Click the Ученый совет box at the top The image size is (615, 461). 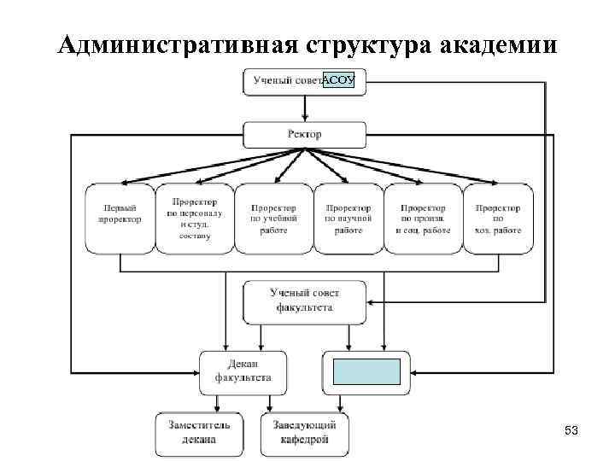pos(287,82)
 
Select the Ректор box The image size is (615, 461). pos(305,135)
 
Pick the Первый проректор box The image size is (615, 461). pos(120,219)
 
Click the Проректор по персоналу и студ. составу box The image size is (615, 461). pos(194,219)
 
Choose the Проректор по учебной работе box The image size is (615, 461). pos(272,219)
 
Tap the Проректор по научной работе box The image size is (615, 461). pos(348,219)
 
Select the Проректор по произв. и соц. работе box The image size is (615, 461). pos(422,219)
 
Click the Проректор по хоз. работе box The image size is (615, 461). pos(498,219)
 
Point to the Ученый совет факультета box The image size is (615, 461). pos(304,301)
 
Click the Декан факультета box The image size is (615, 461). pos(237,372)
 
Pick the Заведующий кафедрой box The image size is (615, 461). pos(305,433)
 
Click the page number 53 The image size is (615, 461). pos(571,432)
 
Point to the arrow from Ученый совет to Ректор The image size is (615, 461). pos(305,108)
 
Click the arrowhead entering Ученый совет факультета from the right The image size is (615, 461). pos(370,301)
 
